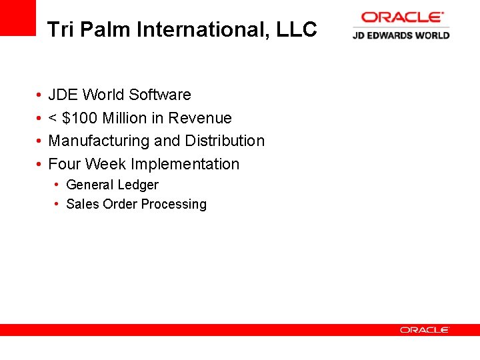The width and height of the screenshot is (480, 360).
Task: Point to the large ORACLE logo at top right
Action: click(x=402, y=17)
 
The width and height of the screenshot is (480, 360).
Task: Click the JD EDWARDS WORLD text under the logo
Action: click(x=401, y=35)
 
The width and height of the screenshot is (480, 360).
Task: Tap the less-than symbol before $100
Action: click(x=53, y=119)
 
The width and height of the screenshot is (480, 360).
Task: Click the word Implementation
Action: click(x=185, y=164)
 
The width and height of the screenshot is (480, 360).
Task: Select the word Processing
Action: click(x=177, y=205)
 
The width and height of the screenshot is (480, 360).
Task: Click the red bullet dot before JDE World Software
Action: click(x=39, y=95)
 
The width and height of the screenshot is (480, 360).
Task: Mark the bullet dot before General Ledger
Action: click(x=58, y=185)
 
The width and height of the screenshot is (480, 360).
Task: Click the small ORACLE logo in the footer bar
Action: click(x=425, y=330)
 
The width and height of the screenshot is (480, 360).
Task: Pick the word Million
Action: click(x=124, y=118)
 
